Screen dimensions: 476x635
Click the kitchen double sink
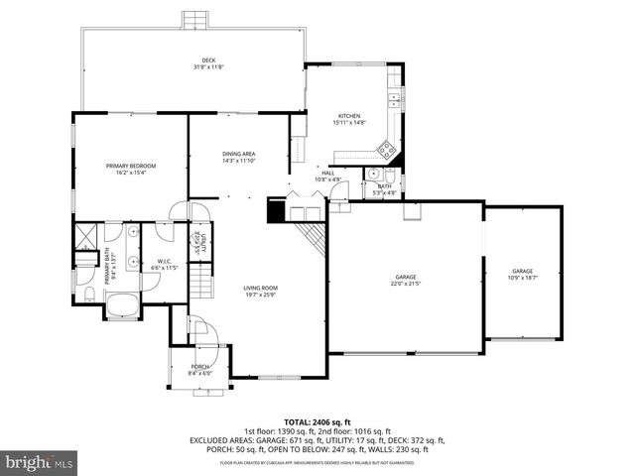(x=394, y=98)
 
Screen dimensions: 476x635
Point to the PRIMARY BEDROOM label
(x=132, y=166)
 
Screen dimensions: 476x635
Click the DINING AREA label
(x=238, y=155)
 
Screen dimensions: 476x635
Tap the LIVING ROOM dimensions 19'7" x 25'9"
(x=259, y=296)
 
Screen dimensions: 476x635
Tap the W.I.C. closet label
(x=163, y=262)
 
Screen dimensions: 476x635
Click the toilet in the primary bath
(x=87, y=295)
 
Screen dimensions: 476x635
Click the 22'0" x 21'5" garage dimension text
(x=406, y=284)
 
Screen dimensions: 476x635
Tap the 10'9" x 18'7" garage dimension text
(x=523, y=278)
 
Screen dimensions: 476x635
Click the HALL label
(x=326, y=174)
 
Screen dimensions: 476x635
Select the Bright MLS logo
(x=40, y=462)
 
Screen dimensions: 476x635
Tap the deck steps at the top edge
(x=194, y=20)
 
